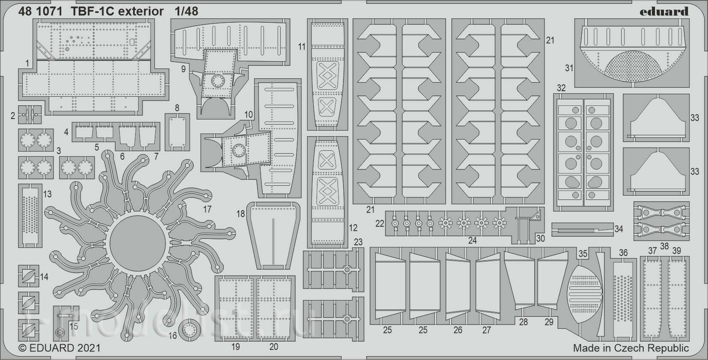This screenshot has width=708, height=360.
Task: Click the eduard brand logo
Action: click(664, 12)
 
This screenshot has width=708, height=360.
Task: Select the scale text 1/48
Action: click(187, 12)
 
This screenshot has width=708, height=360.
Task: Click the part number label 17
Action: click(207, 209)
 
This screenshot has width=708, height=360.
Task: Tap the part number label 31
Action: click(569, 68)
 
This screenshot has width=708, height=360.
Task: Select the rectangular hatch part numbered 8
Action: click(177, 132)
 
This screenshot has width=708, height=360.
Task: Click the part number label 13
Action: click(47, 194)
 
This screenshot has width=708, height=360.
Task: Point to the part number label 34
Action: click(619, 229)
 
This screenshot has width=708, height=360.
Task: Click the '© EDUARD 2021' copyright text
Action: click(59, 348)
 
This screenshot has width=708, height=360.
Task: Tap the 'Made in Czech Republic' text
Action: click(631, 348)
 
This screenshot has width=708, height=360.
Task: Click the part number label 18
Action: click(240, 214)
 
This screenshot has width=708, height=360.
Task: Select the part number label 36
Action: click(623, 253)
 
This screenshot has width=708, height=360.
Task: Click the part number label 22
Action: click(379, 223)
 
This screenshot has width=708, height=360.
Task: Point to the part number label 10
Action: click(249, 115)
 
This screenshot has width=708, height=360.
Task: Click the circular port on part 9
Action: click(218, 81)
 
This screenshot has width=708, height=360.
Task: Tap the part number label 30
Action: click(540, 238)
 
